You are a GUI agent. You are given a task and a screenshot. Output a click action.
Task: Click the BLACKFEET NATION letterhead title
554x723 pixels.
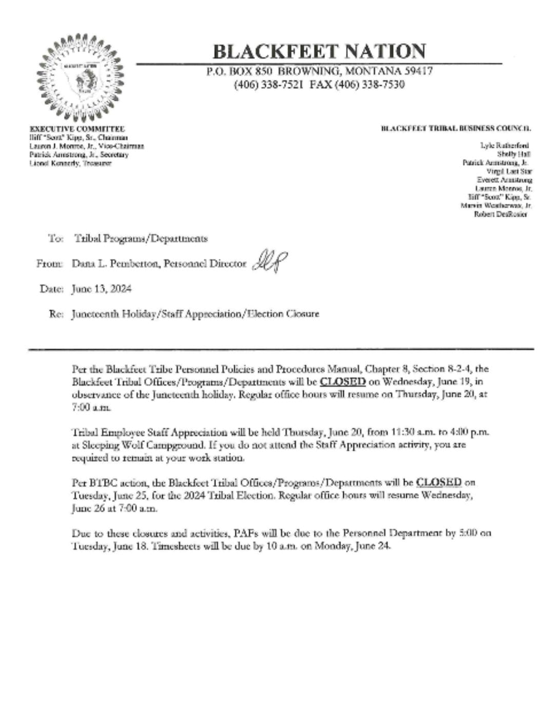click(319, 51)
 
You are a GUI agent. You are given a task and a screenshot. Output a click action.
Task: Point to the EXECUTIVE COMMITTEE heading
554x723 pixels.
click(77, 129)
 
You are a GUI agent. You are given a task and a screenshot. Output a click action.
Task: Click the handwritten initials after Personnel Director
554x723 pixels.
click(269, 262)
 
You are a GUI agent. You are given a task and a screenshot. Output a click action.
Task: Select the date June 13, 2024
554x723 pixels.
click(102, 289)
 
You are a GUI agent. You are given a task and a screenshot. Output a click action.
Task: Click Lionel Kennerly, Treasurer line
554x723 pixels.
click(70, 163)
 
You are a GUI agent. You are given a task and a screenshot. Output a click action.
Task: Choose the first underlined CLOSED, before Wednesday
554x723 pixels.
click(342, 382)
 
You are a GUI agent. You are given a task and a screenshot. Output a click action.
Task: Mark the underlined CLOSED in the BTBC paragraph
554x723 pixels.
click(439, 482)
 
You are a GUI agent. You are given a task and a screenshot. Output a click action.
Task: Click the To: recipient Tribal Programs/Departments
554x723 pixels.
click(141, 239)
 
